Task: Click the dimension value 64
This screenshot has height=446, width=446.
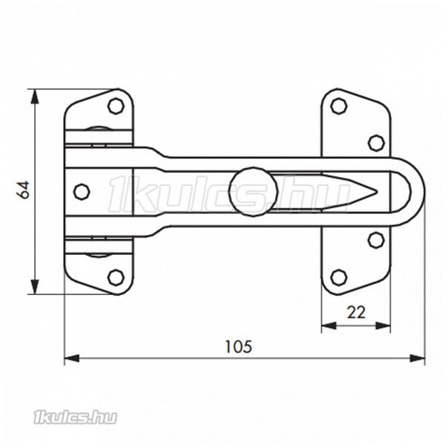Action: point(23,190)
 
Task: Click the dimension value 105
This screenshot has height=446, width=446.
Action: point(239,346)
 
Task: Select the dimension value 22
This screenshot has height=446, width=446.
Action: point(356,312)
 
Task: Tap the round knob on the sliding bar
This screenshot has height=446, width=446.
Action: point(253,192)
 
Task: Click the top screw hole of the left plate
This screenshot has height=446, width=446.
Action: point(116,106)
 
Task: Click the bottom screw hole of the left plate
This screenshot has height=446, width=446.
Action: point(116,277)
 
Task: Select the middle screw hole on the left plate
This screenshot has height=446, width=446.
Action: point(82,192)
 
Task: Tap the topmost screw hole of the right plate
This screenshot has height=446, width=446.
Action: point(339,106)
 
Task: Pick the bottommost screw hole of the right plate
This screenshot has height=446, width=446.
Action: point(339,277)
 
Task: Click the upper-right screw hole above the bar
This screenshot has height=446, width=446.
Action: point(376,143)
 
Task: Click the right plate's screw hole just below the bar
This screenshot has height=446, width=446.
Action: point(376,240)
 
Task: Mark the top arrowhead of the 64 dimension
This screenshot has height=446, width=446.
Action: point(35,96)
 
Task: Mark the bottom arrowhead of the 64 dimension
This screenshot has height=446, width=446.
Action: point(35,287)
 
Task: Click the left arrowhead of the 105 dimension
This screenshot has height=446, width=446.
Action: point(72,358)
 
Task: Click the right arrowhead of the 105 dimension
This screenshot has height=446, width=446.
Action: point(417,358)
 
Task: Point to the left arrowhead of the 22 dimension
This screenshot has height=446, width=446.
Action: point(329,326)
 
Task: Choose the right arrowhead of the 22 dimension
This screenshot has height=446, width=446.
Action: point(383,326)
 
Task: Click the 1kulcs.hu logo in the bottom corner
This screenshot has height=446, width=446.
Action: point(75,418)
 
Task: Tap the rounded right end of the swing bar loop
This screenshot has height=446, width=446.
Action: point(418,192)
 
